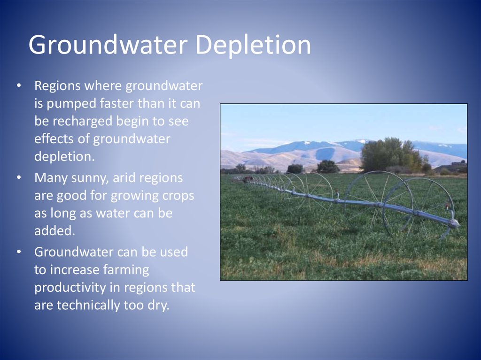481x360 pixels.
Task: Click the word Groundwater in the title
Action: (108, 45)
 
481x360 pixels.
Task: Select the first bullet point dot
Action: (19, 85)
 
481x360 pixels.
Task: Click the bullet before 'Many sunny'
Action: (19, 177)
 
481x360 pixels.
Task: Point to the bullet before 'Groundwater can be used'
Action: (19, 252)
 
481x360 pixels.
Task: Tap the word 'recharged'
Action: (82, 122)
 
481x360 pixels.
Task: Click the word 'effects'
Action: (54, 138)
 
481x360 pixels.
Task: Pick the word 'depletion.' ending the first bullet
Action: (64, 157)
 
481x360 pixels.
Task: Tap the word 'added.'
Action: (54, 230)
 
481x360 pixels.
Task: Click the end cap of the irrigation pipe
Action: (455, 223)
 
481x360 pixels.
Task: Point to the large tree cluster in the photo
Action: (392, 155)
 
